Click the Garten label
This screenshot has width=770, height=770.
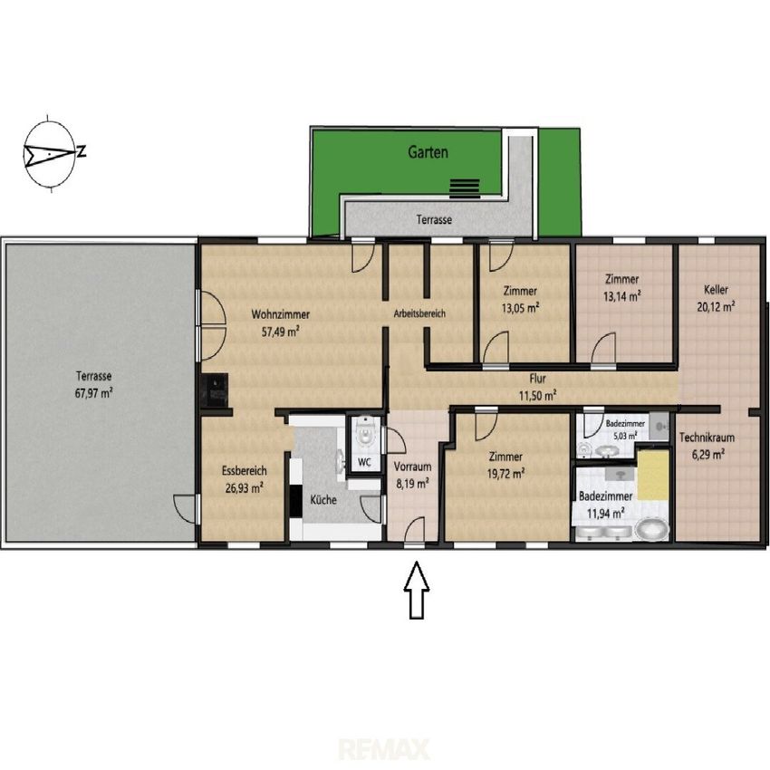428,152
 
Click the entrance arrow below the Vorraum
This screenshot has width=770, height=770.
417,590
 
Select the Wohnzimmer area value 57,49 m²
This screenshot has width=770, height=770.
281,332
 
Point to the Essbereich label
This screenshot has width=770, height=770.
244,470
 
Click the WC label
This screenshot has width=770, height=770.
364,462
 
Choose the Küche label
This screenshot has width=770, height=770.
323,500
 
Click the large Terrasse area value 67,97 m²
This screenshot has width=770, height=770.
94,393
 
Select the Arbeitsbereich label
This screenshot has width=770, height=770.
419,313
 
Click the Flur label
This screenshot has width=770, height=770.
538,379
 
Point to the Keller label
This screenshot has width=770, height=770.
716,290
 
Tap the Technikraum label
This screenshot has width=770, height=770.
707,437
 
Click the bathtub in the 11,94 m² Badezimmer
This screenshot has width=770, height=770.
651,530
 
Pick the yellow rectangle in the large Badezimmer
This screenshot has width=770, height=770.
653,476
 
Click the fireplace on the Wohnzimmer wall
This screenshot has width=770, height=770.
214,390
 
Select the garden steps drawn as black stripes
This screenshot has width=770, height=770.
465,188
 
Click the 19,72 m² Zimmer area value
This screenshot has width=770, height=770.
505,474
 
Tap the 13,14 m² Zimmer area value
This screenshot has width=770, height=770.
621,296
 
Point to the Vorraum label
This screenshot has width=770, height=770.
412,467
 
